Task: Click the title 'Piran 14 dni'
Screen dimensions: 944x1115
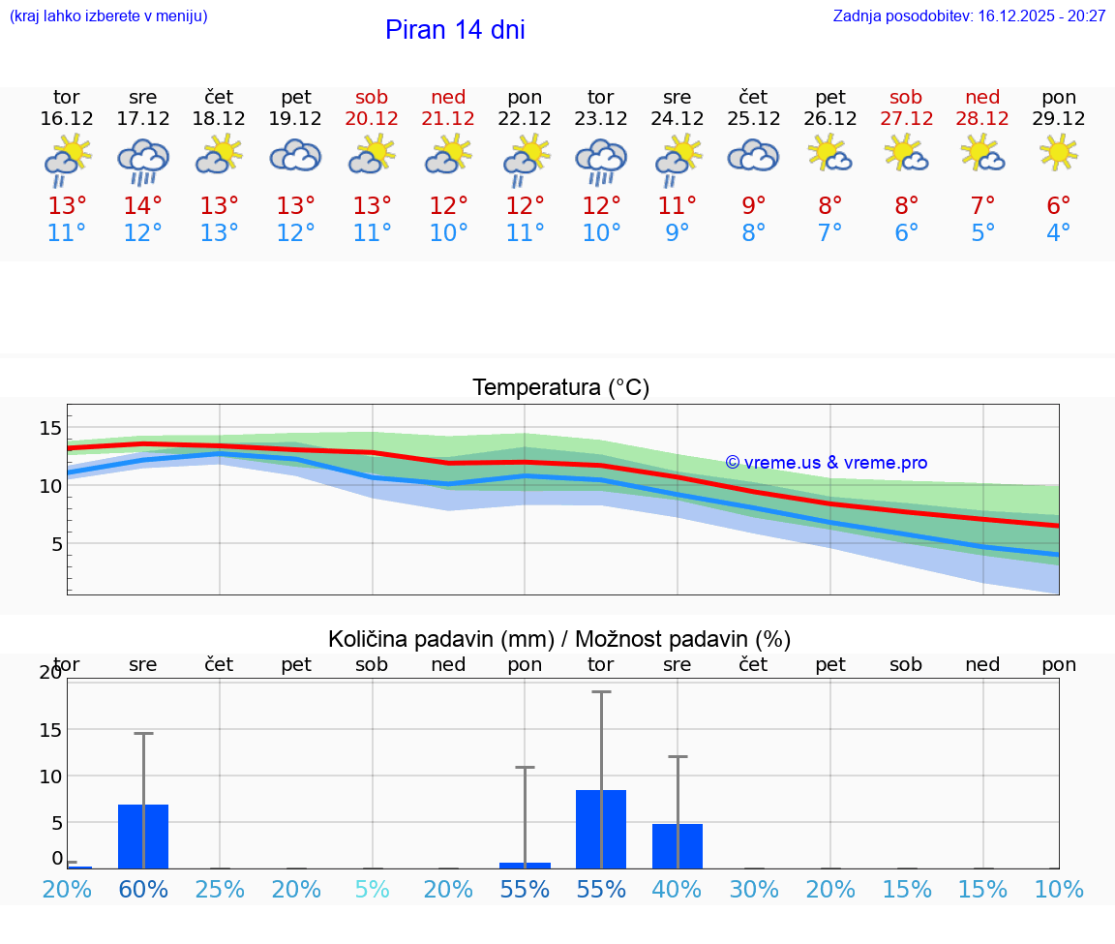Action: pos(455,30)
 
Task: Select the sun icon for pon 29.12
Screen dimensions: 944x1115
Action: pos(1059,153)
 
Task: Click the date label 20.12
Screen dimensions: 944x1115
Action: pos(372,119)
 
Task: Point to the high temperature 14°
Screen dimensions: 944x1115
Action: pos(143,206)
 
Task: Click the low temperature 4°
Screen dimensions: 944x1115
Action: pos(1059,233)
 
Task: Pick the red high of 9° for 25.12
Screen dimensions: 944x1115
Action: pos(754,206)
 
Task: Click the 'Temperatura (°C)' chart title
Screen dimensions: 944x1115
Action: pos(560,388)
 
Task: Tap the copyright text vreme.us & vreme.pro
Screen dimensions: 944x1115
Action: pos(827,463)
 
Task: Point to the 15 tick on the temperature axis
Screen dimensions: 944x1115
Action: pos(50,428)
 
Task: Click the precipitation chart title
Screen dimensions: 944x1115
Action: pos(559,639)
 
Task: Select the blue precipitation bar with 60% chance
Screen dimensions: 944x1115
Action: pos(143,837)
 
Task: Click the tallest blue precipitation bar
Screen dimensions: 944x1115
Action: pos(601,829)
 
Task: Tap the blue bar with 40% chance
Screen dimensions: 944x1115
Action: pos(678,846)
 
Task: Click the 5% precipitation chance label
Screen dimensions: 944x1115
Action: pos(372,890)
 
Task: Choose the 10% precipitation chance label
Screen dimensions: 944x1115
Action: pos(1059,890)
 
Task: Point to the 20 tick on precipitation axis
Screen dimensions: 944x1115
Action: pos(50,673)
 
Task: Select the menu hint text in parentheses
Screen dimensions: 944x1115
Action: pos(108,16)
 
